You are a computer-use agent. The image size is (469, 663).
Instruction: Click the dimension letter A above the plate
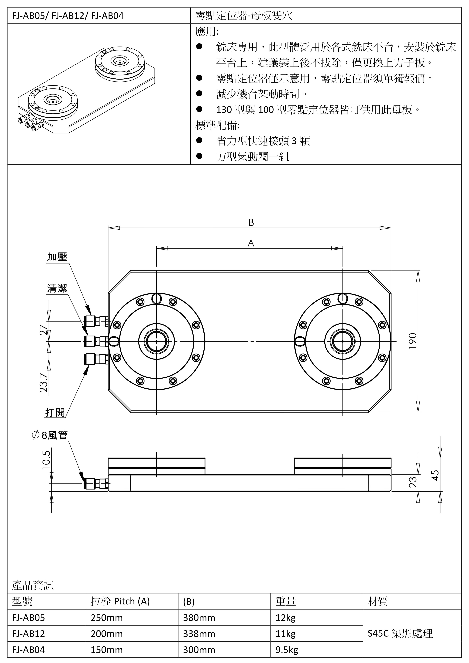pos(251,243)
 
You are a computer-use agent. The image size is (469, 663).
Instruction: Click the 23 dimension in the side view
pos(413,482)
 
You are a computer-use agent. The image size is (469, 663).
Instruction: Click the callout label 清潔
pos(57,288)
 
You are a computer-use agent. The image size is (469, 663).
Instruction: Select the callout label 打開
pos(55,412)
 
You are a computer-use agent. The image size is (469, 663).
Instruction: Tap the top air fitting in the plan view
pos(95,321)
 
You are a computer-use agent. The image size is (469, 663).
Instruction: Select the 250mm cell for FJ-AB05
pos(107,618)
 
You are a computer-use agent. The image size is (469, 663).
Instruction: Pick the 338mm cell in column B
pos(199,634)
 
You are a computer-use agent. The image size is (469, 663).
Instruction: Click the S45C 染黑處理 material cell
pos(400,634)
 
